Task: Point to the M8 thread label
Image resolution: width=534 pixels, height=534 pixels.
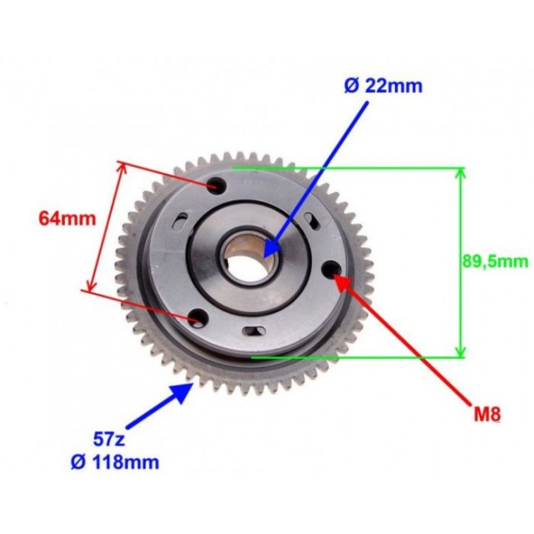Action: click(486, 413)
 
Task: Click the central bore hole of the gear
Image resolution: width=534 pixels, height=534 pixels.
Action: click(248, 260)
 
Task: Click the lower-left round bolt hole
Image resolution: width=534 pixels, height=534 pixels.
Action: click(197, 319)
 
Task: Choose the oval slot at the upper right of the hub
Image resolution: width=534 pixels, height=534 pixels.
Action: click(312, 218)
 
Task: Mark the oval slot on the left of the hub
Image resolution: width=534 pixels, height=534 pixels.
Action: click(180, 220)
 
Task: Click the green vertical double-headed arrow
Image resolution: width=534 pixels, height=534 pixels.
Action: click(461, 261)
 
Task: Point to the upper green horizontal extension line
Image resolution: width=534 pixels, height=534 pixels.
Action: click(349, 168)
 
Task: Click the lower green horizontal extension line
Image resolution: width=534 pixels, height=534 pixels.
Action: click(356, 357)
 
